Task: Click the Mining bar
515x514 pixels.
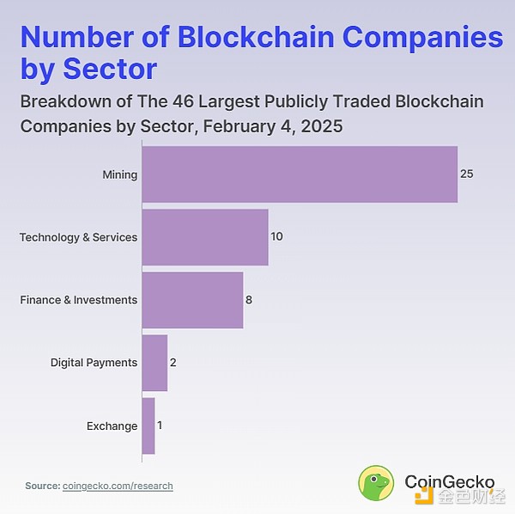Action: [299, 174]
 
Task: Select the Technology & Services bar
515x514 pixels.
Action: [204, 236]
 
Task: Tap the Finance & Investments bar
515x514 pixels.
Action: [192, 299]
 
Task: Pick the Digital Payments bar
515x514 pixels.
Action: [154, 363]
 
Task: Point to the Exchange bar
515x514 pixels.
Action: [148, 425]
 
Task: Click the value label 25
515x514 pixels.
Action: [466, 174]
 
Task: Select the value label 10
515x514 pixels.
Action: [276, 236]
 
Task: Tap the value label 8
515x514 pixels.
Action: [248, 300]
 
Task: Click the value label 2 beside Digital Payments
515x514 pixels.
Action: [173, 363]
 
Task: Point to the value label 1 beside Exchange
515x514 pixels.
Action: [161, 425]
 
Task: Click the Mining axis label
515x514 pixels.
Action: [119, 174]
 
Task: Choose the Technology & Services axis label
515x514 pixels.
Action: [78, 237]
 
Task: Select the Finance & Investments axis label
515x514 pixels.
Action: [78, 300]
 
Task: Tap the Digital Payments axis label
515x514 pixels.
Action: [94, 363]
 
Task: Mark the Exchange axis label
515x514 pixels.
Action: [112, 426]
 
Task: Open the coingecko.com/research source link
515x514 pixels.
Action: [118, 486]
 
